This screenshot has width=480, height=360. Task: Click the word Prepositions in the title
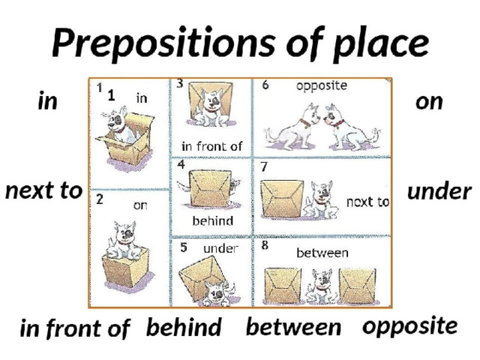point(163,43)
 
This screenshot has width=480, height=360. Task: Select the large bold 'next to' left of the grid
point(43,190)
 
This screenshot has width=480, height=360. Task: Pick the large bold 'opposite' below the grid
point(410,327)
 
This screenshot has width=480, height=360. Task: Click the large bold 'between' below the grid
point(293,327)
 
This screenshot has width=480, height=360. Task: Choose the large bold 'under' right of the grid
point(439,192)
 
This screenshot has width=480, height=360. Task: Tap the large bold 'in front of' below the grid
point(75,328)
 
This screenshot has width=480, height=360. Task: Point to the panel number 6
point(265,85)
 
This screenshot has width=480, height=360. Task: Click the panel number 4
point(181,164)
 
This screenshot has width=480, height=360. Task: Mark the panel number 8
point(265,245)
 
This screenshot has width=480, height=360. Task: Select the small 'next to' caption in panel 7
point(367,202)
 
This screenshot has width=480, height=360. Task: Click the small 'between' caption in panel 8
point(322,253)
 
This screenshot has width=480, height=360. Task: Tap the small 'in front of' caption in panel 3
point(211,146)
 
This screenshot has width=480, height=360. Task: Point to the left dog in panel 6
point(291,127)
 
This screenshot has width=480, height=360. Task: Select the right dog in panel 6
point(352,127)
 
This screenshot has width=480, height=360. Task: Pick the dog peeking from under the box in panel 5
point(218,293)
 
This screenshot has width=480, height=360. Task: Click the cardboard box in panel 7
point(282,199)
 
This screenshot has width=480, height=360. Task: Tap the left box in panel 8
point(283,285)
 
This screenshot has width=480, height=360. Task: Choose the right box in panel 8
point(357,286)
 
